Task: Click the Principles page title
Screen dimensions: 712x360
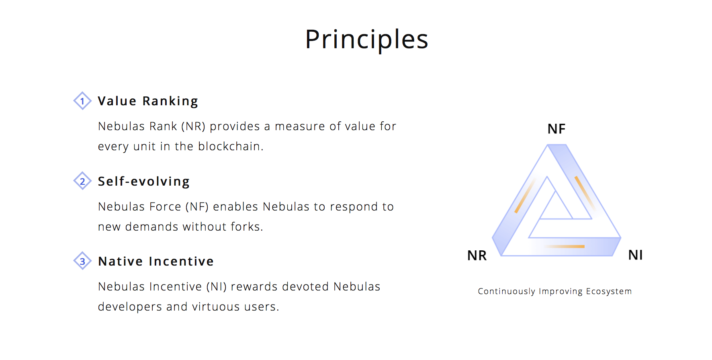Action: [x=366, y=40]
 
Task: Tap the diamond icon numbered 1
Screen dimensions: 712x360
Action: [x=82, y=101]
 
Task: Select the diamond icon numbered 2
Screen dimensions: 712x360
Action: [x=82, y=181]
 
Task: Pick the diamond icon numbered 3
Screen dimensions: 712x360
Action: [x=82, y=261]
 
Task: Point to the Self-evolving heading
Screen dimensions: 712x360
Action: [x=143, y=182]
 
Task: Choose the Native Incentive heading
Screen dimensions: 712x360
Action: [x=156, y=262]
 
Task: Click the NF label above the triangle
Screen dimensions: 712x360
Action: [x=557, y=129]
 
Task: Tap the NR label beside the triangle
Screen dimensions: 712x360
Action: [x=477, y=256]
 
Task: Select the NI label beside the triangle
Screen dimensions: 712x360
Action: [x=636, y=255]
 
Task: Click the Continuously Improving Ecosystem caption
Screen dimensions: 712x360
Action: [x=554, y=291]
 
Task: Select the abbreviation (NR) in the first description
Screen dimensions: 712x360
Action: [x=193, y=127]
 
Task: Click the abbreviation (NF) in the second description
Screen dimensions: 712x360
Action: [x=197, y=207]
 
